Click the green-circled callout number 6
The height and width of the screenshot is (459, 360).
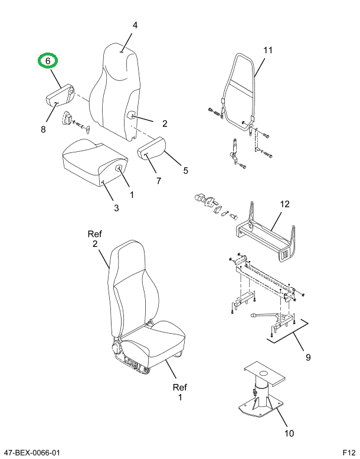click(x=48, y=60)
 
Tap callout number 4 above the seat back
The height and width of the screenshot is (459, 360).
click(x=135, y=25)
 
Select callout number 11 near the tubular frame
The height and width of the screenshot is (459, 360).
click(x=268, y=50)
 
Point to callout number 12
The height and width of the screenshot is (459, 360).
click(x=284, y=204)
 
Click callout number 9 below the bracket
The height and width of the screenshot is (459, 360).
click(x=307, y=357)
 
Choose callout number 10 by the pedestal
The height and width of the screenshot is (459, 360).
click(x=289, y=434)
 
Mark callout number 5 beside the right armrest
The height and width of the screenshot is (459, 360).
click(x=185, y=171)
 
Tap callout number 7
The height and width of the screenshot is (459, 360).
click(x=159, y=181)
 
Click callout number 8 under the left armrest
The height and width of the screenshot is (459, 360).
click(x=43, y=129)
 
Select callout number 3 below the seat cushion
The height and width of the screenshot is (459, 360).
click(x=116, y=207)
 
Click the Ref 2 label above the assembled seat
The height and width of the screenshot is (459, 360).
click(x=95, y=239)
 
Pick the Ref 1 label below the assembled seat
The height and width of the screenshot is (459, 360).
click(x=179, y=392)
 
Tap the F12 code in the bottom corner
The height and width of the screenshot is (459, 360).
click(x=349, y=453)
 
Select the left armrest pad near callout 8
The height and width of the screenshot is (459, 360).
click(x=59, y=95)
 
